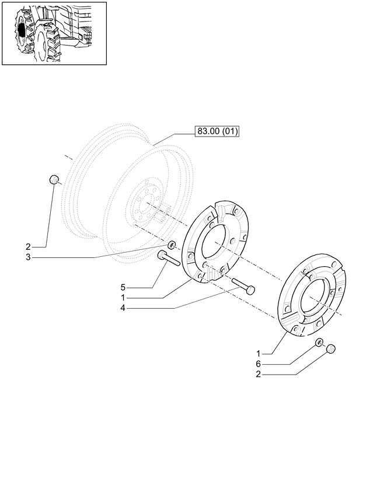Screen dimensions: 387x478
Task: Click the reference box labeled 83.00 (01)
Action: [217, 131]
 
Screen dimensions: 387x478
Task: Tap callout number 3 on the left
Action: [28, 257]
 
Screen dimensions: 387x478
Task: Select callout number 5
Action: [123, 287]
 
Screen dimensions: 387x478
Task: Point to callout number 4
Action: [123, 308]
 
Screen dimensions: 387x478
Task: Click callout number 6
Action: [259, 364]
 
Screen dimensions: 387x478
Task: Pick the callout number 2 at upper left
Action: [28, 247]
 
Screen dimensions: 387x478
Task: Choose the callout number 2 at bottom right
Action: [259, 374]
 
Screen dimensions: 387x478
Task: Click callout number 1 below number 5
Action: [123, 298]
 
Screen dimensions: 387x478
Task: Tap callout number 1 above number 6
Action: [259, 354]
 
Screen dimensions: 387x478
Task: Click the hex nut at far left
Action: [54, 179]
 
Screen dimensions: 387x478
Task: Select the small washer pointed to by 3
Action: [172, 245]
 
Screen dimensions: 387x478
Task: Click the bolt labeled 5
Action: [168, 259]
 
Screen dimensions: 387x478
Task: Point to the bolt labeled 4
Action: [243, 286]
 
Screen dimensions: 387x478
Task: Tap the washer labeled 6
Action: [319, 342]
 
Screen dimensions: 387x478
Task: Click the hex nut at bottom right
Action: [331, 348]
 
